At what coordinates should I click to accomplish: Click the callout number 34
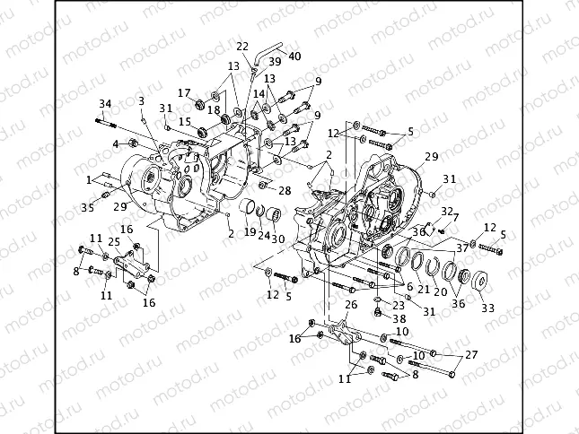click(x=105, y=104)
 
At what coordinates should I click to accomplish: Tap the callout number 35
click(x=87, y=208)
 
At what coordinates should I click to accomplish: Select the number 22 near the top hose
click(x=243, y=47)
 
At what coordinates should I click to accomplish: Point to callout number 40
click(x=295, y=57)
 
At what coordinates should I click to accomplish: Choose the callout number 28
click(x=285, y=191)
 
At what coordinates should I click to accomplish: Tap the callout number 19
click(x=250, y=231)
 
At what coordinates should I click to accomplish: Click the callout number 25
click(x=114, y=242)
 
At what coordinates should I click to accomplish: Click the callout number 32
click(x=444, y=210)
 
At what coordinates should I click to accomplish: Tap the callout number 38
click(x=399, y=318)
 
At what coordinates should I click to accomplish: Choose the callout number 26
click(x=351, y=305)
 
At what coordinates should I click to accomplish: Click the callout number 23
click(x=399, y=304)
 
